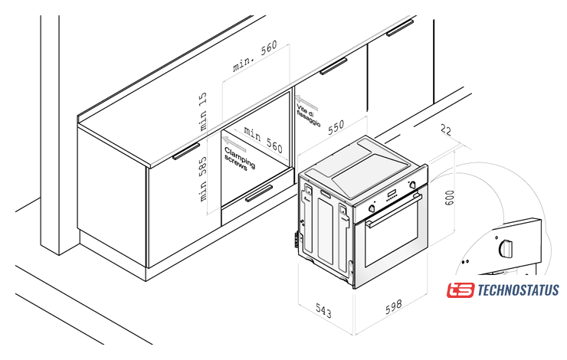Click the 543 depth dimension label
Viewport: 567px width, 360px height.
click(x=323, y=311)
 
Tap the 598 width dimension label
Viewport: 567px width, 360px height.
click(x=393, y=306)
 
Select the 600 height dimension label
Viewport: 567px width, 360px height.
click(x=449, y=198)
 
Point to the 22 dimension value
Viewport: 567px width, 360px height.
click(x=446, y=130)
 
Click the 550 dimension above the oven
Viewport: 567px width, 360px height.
click(x=336, y=127)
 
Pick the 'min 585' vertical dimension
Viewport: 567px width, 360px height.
click(x=203, y=179)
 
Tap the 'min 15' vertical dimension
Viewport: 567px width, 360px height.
click(x=203, y=111)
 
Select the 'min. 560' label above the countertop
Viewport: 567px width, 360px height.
click(x=255, y=56)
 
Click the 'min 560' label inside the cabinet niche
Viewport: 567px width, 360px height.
click(x=263, y=139)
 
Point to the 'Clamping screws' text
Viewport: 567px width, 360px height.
click(x=239, y=159)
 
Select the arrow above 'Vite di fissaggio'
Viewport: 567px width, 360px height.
click(x=306, y=103)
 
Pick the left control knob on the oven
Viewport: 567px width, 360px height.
click(x=372, y=208)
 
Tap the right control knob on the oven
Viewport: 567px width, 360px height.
click(x=412, y=185)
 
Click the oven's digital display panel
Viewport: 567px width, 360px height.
click(x=392, y=195)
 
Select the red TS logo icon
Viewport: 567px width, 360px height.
click(x=460, y=290)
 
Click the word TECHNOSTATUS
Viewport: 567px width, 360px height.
click(x=518, y=290)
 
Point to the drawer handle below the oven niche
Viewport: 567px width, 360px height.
click(x=259, y=193)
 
